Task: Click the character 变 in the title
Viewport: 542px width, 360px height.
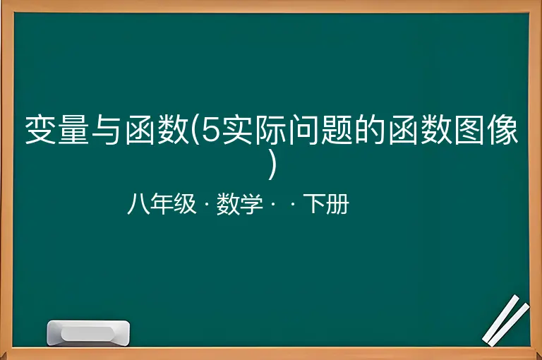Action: tap(41, 130)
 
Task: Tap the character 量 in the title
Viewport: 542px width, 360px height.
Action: tap(73, 130)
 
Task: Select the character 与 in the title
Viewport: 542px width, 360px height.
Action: tap(107, 130)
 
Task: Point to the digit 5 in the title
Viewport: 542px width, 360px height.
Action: tap(211, 130)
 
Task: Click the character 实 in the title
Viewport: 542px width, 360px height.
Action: tap(238, 130)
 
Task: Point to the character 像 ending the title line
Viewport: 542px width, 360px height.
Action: tap(502, 130)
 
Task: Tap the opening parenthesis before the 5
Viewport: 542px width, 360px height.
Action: tap(195, 130)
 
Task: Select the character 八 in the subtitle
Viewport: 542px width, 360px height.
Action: tap(138, 204)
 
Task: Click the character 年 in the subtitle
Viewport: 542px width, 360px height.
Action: tap(162, 204)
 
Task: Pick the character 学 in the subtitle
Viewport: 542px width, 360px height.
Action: tap(251, 204)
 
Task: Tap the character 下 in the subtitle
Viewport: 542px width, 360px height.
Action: tap(314, 204)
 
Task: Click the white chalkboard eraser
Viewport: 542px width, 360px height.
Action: tap(88, 333)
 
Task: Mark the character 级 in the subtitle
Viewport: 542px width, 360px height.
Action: tap(185, 204)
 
